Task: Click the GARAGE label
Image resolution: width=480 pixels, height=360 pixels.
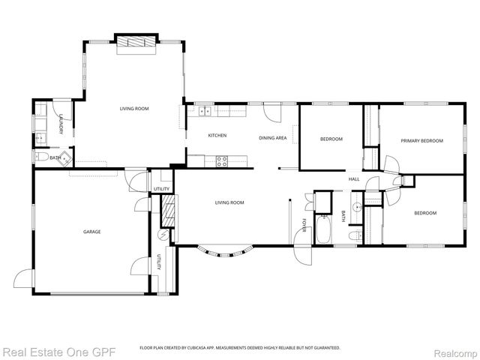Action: (x=91, y=232)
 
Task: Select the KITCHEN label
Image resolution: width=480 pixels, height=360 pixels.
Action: (x=217, y=136)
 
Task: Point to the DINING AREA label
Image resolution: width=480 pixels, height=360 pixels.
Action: (x=272, y=138)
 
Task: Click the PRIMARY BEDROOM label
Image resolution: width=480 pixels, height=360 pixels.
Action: (x=421, y=140)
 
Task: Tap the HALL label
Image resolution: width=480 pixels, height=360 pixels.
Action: (x=354, y=178)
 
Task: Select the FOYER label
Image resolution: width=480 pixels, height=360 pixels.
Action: (x=304, y=226)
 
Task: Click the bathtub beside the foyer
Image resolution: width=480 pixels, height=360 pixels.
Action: (x=324, y=230)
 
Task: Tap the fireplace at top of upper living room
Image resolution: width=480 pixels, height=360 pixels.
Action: (x=135, y=42)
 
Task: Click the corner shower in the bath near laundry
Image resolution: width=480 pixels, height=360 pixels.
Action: (x=65, y=157)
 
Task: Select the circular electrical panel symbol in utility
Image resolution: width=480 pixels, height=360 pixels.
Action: (x=161, y=235)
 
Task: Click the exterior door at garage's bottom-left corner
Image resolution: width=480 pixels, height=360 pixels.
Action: (x=25, y=280)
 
